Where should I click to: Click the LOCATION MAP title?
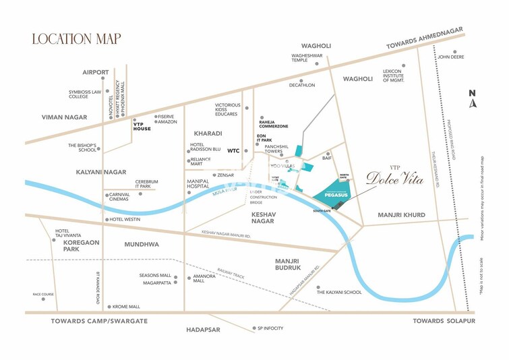76,38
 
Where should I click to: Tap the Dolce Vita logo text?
394,178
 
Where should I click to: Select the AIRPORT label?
96,72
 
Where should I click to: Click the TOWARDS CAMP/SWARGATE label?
99,321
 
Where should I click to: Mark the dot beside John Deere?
455,51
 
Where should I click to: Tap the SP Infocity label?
270,328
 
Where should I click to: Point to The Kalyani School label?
339,292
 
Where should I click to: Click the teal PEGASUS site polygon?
335,191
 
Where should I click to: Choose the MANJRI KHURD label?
401,215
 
